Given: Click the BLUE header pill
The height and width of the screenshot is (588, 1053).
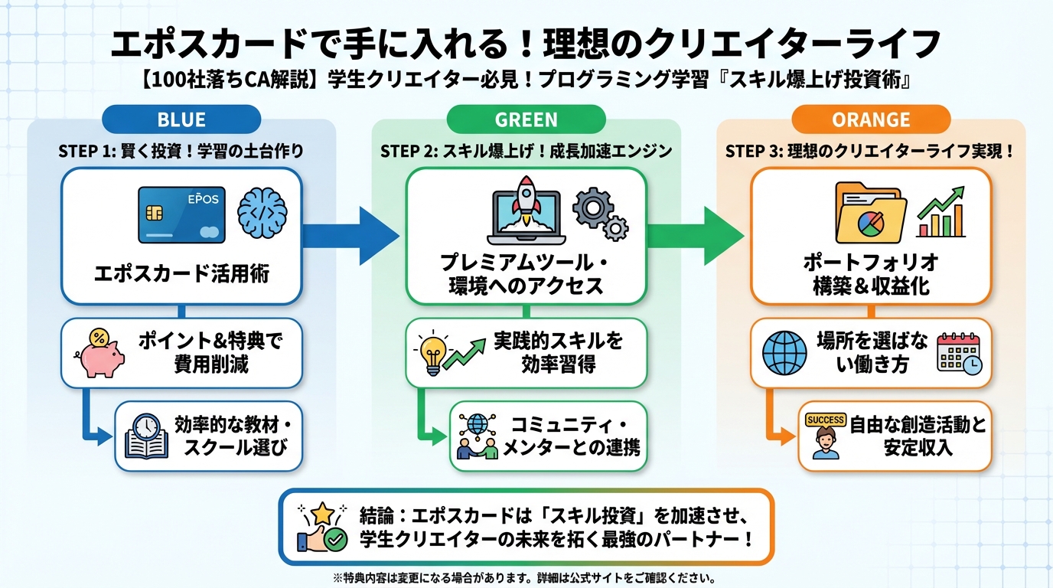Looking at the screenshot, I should point(181,120).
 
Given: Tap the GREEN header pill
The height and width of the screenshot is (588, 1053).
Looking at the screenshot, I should point(526,120).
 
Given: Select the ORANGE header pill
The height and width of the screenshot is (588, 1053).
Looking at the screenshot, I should point(870,120).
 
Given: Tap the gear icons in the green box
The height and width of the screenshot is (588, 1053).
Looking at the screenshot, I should point(601,214).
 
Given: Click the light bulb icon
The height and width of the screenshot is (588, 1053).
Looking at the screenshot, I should point(432,353).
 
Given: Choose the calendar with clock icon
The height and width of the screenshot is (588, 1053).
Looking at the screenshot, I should point(960,353).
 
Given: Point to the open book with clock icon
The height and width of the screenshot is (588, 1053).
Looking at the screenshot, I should point(146,436).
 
